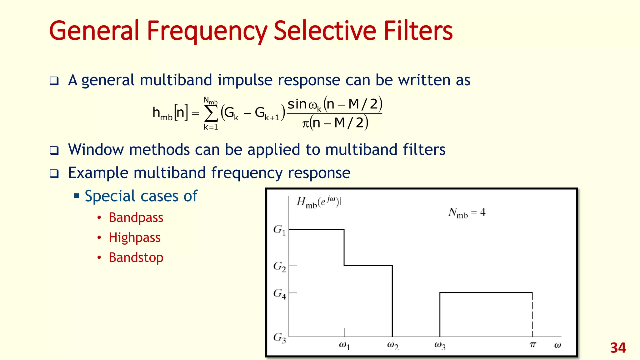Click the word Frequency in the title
207,31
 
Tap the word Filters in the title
418,31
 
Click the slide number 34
618,348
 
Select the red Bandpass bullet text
136,217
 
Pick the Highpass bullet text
134,237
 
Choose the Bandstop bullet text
136,257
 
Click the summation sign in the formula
211,114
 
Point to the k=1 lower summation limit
211,127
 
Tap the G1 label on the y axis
279,230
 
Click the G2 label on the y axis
279,267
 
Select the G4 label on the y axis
279,294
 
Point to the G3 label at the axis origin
279,338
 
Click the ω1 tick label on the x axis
344,346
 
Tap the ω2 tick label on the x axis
392,346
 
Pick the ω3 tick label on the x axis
440,346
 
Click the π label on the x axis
533,345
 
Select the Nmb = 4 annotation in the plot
467,213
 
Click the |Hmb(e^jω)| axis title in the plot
317,202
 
